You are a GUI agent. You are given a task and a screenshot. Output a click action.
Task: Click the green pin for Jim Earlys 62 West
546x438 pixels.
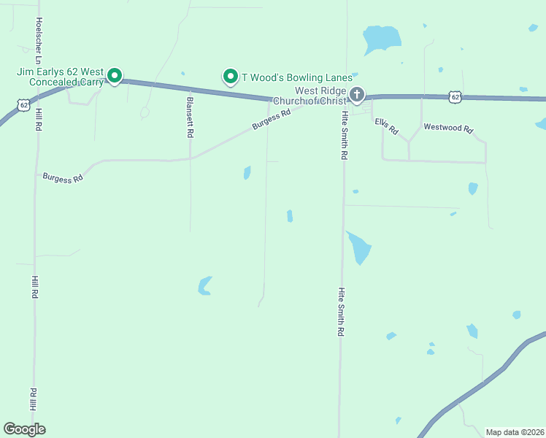[x=115, y=74]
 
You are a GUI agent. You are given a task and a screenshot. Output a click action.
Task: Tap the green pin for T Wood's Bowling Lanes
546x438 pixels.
[x=231, y=76]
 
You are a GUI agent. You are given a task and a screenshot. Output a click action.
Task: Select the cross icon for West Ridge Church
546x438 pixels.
[x=357, y=94]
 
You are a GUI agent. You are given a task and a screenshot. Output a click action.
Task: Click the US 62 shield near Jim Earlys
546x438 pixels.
[x=25, y=105]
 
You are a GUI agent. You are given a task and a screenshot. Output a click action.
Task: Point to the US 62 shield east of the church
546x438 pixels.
[x=455, y=96]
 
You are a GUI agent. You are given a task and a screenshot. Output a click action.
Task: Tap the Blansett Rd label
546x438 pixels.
[x=190, y=118]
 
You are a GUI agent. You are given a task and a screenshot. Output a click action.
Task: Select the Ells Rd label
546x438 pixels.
[x=386, y=126]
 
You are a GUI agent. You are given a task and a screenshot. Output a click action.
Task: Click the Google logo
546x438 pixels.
[x=24, y=429]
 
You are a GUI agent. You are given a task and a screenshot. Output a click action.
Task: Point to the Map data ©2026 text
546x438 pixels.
[x=515, y=432]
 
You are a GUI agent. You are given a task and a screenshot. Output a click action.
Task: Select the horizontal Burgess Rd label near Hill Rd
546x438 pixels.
[x=63, y=177]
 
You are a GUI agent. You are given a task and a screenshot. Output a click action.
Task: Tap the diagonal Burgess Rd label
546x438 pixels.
[x=271, y=119]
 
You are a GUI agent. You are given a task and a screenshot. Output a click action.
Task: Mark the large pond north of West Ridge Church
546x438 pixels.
[x=381, y=39]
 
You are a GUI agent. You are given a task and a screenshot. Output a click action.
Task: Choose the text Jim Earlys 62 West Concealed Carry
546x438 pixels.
[x=60, y=77]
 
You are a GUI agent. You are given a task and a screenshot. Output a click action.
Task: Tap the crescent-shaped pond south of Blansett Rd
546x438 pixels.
[x=204, y=285]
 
